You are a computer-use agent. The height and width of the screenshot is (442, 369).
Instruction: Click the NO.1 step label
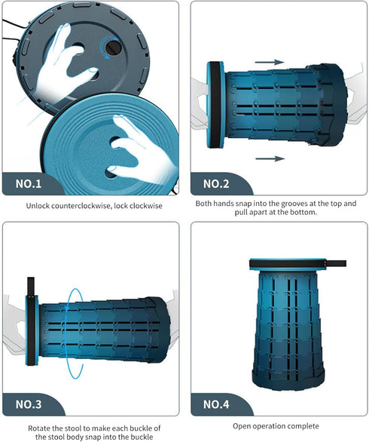pyautogui.click(x=29, y=184)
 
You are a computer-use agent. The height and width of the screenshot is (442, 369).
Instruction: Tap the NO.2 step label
pyautogui.click(x=216, y=184)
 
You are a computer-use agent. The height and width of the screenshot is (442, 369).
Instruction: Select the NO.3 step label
pyautogui.click(x=29, y=404)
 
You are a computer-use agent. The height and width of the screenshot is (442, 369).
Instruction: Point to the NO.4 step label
pyautogui.click(x=216, y=404)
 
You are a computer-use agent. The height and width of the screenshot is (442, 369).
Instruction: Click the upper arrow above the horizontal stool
pyautogui.click(x=270, y=63)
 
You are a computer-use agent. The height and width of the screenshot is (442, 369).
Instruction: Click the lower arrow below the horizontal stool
pyautogui.click(x=270, y=158)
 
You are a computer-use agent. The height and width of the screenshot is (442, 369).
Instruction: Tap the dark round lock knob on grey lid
pyautogui.click(x=113, y=48)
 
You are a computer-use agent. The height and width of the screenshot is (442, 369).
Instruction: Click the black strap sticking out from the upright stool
pyautogui.click(x=337, y=263)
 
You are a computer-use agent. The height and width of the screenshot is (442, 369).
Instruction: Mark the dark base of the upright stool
pyautogui.click(x=288, y=381)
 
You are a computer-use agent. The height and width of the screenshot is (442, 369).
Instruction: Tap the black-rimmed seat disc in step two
pyautogui.click(x=215, y=105)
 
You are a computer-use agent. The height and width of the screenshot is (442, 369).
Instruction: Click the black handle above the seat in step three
pyautogui.click(x=31, y=286)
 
